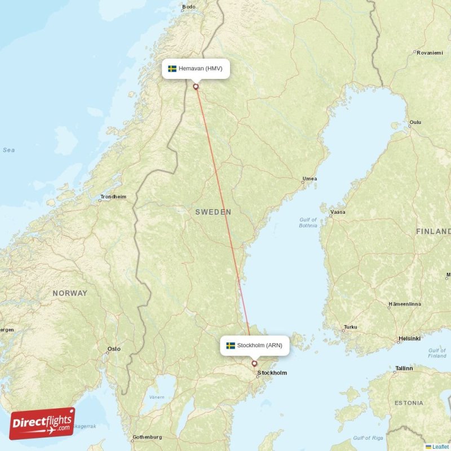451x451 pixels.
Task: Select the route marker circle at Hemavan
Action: coord(196,86)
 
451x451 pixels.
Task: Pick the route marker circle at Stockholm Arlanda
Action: coord(254,364)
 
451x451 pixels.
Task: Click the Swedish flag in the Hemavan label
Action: coord(172,69)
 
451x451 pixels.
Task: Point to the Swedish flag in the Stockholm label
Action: coord(231,345)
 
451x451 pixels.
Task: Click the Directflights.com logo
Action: coord(42,423)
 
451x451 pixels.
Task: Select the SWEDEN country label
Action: coord(213,212)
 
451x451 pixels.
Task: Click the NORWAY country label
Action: coord(70,293)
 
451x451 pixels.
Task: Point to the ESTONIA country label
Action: coord(409,403)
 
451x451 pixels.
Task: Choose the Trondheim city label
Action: coord(113,197)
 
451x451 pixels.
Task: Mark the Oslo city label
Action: coord(114,349)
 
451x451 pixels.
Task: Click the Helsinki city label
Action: coord(409,339)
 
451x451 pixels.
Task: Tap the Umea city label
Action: coord(309,179)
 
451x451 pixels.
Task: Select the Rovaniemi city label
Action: coord(429,52)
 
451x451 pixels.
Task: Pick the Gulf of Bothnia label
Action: coord(308,223)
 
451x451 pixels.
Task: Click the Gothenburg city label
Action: coord(147,437)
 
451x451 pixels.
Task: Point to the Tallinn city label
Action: coord(404,368)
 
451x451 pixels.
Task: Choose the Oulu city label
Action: coord(415,122)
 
